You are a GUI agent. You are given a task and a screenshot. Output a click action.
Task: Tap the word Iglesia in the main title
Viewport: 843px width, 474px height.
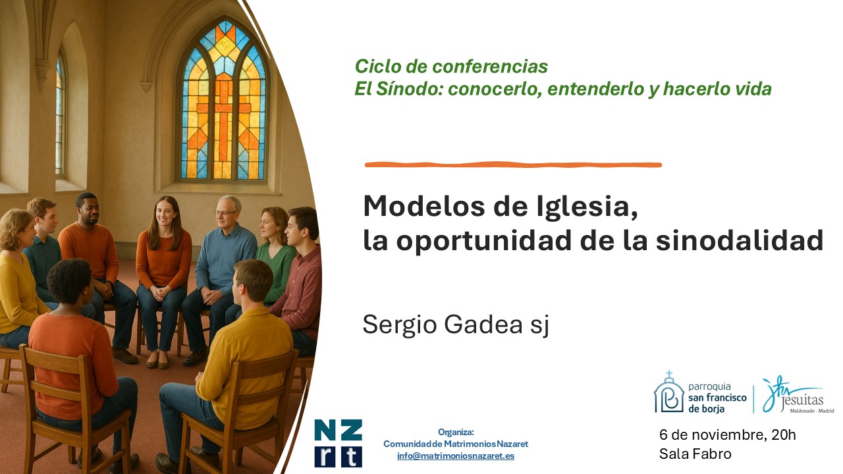[586, 206]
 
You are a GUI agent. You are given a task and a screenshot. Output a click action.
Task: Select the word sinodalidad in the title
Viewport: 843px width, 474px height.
[740, 240]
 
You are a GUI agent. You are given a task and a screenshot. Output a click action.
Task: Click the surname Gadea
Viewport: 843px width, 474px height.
[483, 324]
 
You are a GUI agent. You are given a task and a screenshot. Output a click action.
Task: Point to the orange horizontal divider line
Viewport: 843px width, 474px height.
[513, 165]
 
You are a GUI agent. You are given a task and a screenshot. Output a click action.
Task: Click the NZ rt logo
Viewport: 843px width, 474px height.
[338, 443]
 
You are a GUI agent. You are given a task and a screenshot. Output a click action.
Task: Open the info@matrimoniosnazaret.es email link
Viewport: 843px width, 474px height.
[456, 456]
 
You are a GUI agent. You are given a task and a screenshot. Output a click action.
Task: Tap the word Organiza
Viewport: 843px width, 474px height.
[456, 432]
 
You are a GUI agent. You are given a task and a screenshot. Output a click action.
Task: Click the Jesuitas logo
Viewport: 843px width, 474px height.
[798, 395]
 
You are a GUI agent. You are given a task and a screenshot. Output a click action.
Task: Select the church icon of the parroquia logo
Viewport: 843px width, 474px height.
[668, 392]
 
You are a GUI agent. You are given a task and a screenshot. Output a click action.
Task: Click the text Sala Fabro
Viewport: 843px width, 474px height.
[695, 454]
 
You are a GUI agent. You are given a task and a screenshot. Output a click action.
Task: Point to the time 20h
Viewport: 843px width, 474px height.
[784, 435]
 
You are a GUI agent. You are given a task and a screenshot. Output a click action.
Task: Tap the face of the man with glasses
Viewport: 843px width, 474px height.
[227, 213]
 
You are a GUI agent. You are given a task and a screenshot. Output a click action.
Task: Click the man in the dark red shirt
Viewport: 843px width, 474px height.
[300, 278]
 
